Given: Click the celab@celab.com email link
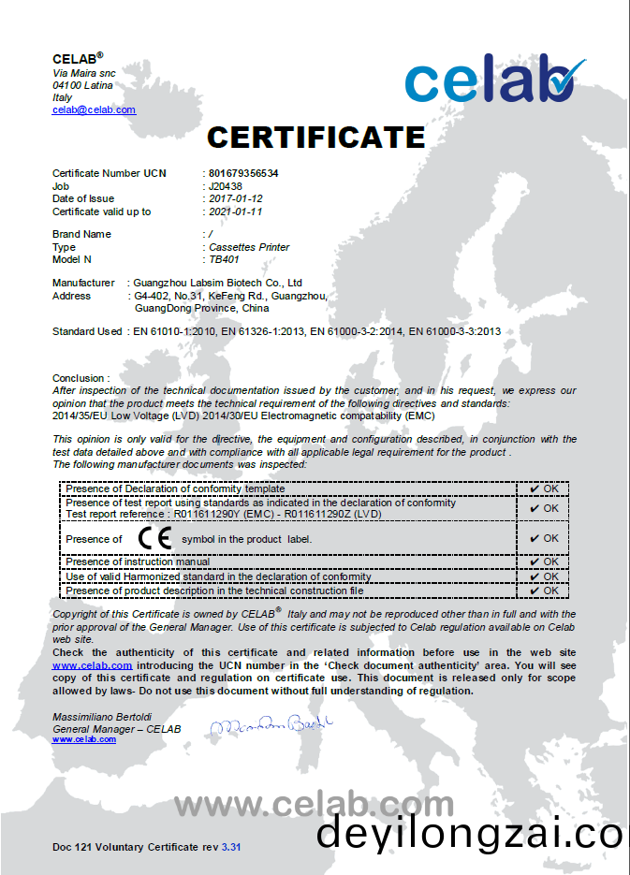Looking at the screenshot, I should click(94, 109).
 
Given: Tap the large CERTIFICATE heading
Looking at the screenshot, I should click(315, 138).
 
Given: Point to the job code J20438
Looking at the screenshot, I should click(226, 186).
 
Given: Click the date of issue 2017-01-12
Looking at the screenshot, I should click(236, 198).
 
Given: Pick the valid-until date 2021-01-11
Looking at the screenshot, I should click(236, 211).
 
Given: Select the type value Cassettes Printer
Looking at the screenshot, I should click(249, 247).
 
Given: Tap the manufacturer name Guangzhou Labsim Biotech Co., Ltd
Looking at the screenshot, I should click(218, 283).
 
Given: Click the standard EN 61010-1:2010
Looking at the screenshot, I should click(175, 331).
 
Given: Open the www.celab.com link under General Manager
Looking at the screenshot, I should click(84, 739).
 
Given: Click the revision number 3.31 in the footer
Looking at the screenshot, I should click(231, 847).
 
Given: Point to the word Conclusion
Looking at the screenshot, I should click(80, 379).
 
